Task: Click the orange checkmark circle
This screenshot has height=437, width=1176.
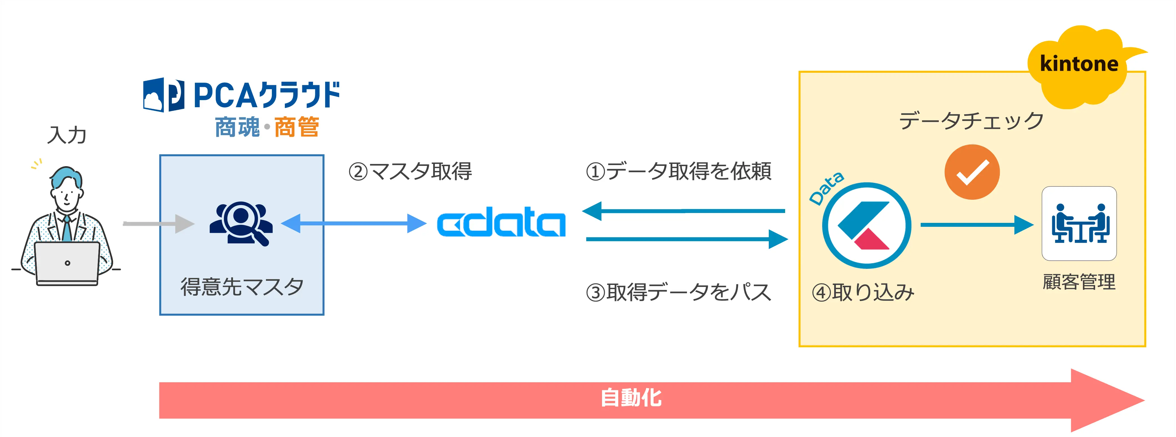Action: click(x=972, y=172)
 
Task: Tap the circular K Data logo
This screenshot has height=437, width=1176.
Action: click(x=866, y=225)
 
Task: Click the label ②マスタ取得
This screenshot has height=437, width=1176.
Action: click(x=410, y=171)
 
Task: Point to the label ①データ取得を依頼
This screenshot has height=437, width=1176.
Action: click(x=679, y=171)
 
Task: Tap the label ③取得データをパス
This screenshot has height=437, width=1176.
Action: click(x=679, y=292)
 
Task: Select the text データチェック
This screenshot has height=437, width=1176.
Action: click(x=971, y=121)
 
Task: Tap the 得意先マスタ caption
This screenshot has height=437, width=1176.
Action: click(x=242, y=286)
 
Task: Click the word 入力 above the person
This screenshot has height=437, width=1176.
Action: click(x=67, y=135)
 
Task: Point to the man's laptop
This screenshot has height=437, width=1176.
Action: click(x=67, y=263)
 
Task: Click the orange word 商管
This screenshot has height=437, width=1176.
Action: click(x=297, y=127)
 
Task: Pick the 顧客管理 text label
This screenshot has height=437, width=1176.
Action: click(x=1079, y=282)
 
